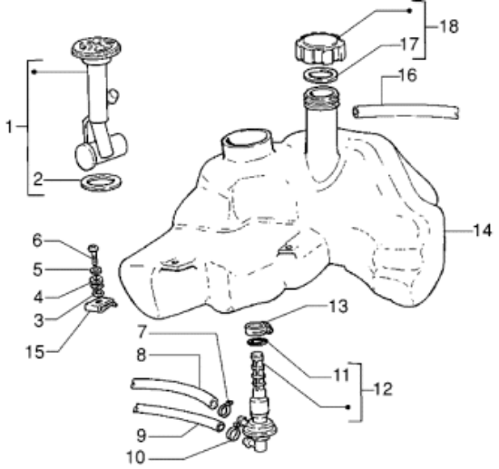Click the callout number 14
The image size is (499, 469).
pos(483,230)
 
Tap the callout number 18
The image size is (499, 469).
pos(449,26)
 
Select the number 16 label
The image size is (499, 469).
pos(407,75)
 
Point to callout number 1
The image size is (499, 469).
pos(9,127)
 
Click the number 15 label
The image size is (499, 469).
pos(35,352)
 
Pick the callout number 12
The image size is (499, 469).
pos(383,388)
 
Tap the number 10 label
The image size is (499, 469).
pos(136,457)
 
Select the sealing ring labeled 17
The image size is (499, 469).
pos(321,75)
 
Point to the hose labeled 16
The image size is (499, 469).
pos(406,112)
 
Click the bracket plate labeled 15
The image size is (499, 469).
pos(100,305)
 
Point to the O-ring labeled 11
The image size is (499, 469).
pos(258,342)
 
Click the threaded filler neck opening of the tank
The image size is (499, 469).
pos(322,97)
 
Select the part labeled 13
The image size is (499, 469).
pos(258,328)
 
